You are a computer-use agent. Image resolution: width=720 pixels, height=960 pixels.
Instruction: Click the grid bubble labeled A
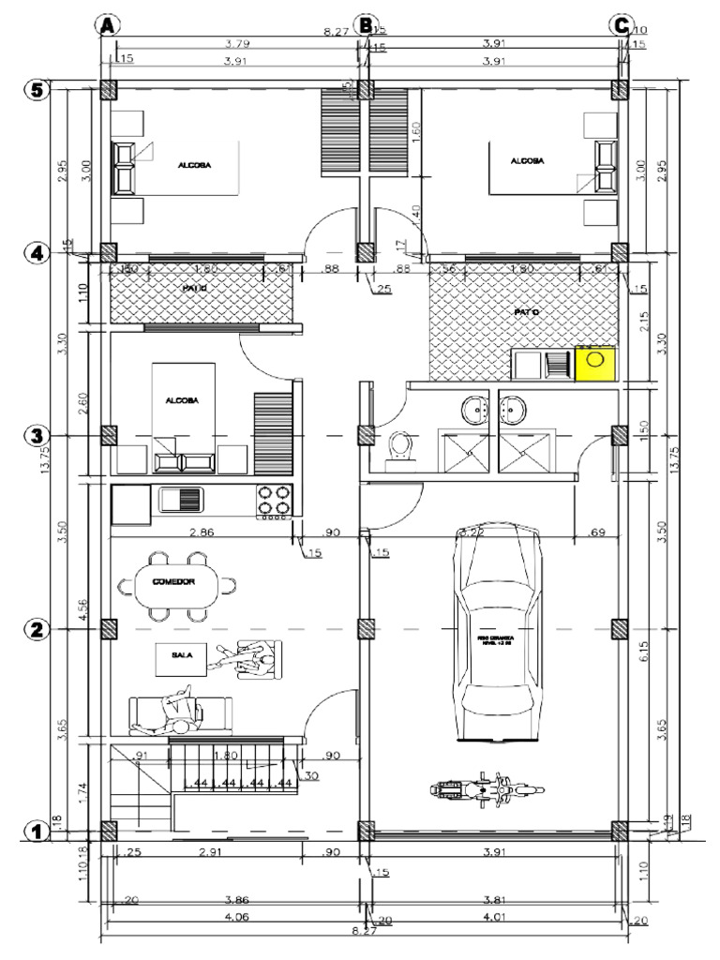click(109, 25)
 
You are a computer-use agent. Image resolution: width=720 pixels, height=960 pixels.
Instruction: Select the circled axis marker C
click(621, 25)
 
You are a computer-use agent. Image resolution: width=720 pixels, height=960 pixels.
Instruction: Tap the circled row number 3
click(36, 436)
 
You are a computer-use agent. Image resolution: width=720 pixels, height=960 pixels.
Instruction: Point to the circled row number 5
click(36, 90)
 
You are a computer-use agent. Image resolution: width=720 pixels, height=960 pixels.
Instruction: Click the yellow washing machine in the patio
click(594, 363)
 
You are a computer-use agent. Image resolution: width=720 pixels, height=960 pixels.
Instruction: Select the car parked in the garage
click(498, 634)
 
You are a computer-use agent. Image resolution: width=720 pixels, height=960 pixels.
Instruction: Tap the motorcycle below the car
click(487, 790)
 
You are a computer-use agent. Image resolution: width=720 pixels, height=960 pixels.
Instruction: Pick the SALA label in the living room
click(182, 657)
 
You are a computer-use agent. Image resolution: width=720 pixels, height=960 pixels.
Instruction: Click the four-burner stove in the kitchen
click(275, 501)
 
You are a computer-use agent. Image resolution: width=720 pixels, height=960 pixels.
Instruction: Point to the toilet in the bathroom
click(400, 447)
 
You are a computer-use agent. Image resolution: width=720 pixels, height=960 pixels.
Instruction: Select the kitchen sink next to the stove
click(181, 499)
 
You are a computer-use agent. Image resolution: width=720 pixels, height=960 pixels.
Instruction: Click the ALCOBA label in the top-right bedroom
click(526, 161)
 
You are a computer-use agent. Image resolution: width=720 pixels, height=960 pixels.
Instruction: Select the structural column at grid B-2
click(366, 628)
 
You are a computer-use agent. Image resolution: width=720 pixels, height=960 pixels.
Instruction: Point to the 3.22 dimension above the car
click(471, 532)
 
